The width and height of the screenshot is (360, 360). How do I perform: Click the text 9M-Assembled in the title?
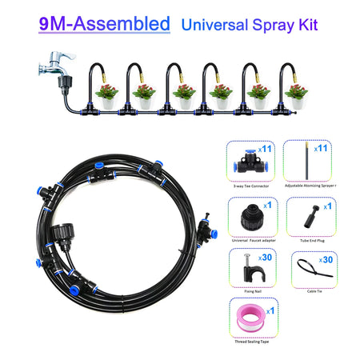point(103,21)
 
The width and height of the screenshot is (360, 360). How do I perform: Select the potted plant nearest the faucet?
point(106,94)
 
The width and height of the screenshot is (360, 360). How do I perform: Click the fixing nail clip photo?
point(245,268)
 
